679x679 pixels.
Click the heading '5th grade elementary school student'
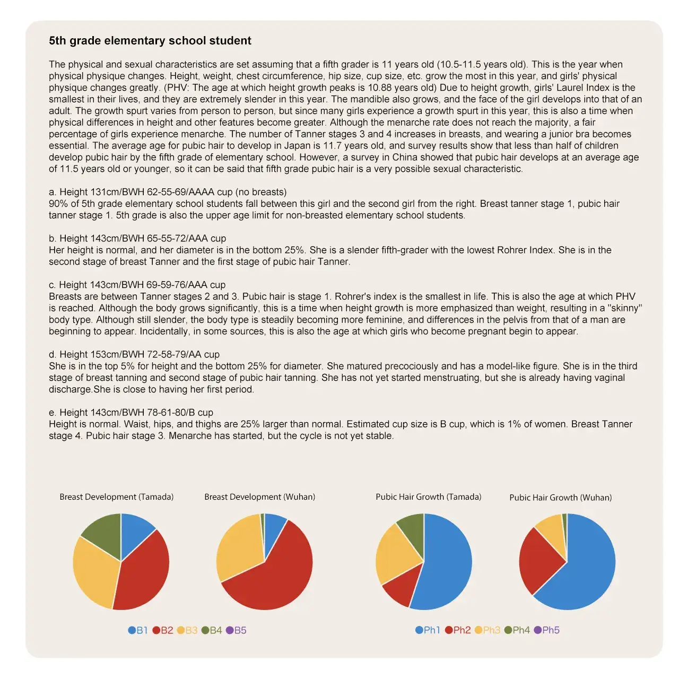point(150,41)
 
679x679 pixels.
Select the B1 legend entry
point(138,630)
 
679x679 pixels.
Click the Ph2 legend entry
point(458,630)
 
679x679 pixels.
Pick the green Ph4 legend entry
point(517,630)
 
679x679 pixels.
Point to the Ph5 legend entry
point(547,630)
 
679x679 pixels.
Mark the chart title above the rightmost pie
point(560,498)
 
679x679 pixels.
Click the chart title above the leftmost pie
point(116,497)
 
